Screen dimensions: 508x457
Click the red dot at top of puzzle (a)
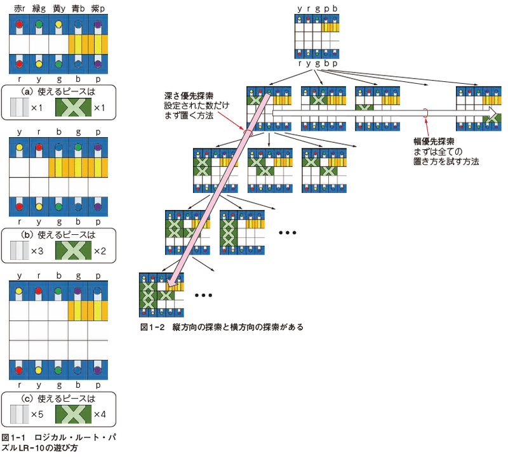20,24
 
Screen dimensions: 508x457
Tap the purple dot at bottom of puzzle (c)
98,370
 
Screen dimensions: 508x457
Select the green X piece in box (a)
73,107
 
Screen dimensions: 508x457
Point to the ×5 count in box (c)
37,414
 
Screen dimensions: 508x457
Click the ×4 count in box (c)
100,414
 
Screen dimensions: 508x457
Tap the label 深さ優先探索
189,96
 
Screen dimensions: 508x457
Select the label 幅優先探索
434,142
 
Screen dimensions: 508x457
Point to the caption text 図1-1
13,437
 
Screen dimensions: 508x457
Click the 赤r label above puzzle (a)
20,9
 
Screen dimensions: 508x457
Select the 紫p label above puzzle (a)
98,9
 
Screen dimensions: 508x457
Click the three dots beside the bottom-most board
203,295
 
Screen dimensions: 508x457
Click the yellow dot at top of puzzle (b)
20,147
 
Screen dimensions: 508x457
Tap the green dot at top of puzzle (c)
58,291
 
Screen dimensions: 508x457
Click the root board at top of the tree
317,36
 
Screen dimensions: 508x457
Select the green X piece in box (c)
73,414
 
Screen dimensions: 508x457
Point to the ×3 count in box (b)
37,251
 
